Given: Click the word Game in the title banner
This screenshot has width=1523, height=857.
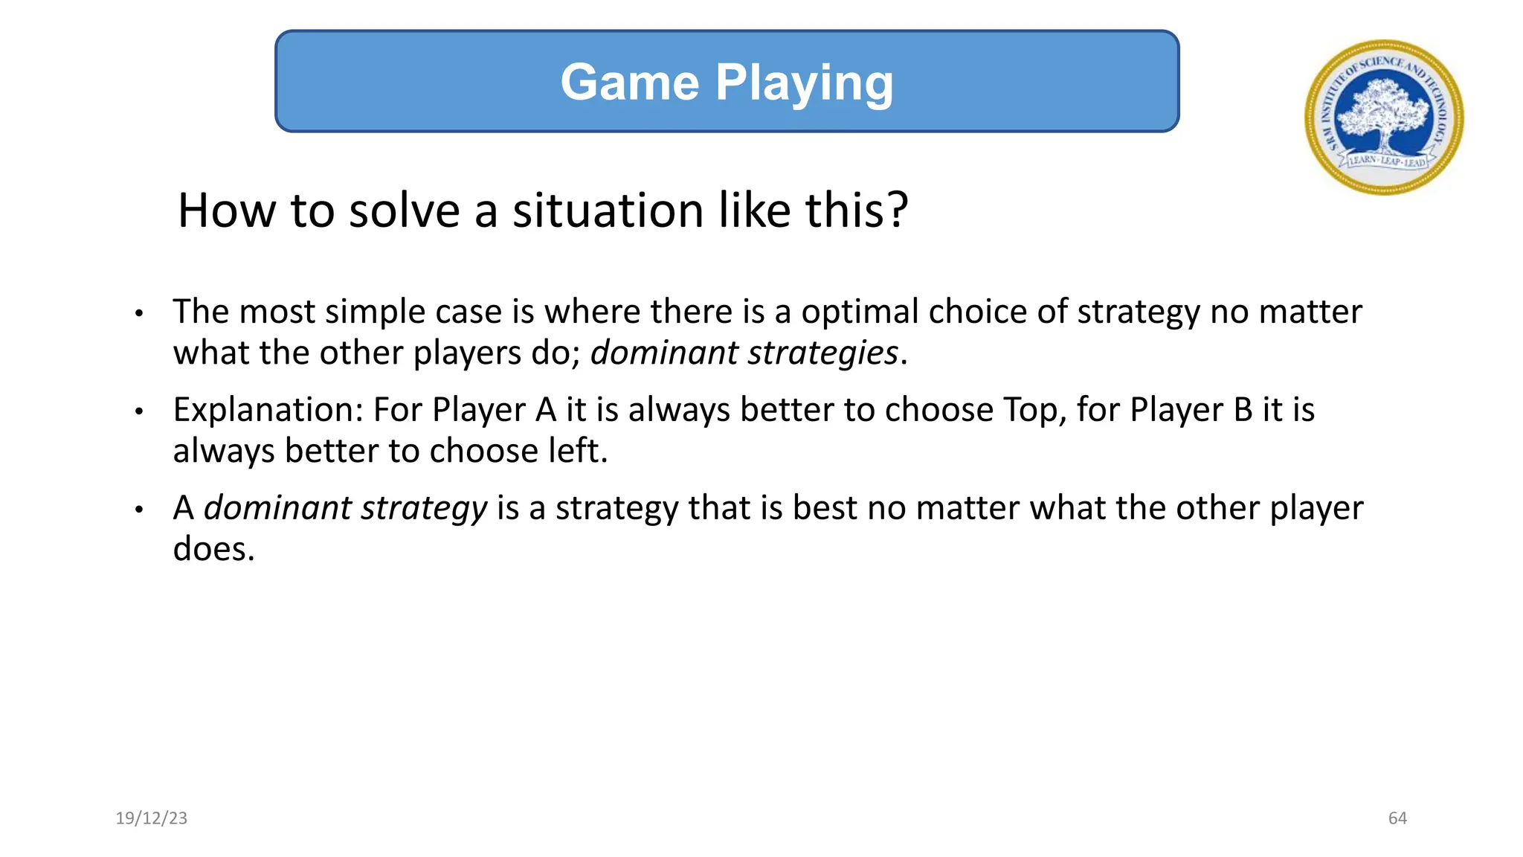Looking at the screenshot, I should pyautogui.click(x=629, y=82).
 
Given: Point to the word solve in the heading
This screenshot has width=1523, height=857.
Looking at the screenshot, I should pyautogui.click(x=405, y=210).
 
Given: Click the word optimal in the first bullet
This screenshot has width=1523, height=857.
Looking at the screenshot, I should pyautogui.click(x=860, y=311).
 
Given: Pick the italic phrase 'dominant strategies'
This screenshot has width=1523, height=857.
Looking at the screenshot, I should pyautogui.click(x=744, y=353).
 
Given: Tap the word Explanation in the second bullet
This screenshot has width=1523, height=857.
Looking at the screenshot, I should pyautogui.click(x=267, y=410).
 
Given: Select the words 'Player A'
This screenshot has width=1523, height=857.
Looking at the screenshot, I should pyautogui.click(x=494, y=410).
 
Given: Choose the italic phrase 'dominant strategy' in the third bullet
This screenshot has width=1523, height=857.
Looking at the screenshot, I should pyautogui.click(x=345, y=508).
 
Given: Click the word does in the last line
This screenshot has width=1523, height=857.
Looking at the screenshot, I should pyautogui.click(x=213, y=549).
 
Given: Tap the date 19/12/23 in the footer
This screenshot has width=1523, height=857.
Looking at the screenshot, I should pyautogui.click(x=152, y=818).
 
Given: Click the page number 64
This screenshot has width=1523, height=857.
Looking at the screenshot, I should pyautogui.click(x=1397, y=818).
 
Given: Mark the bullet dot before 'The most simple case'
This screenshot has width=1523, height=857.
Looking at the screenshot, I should pyautogui.click(x=138, y=314).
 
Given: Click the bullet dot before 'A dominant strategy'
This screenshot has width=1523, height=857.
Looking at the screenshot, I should pyautogui.click(x=138, y=510).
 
